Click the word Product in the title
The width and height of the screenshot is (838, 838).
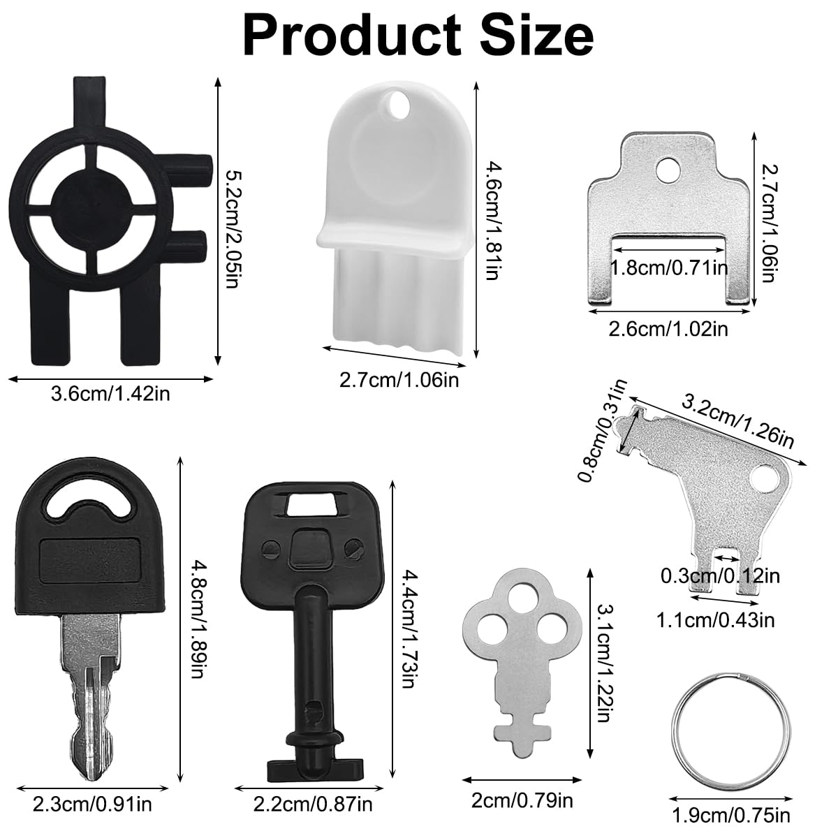point(352,35)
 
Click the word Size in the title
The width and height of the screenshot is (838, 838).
point(536,35)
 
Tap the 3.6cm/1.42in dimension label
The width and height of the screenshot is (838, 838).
point(110,395)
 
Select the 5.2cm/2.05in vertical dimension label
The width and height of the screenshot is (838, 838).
point(234,229)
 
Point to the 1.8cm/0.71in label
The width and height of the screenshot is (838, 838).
point(669,267)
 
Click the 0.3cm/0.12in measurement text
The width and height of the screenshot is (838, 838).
point(720,576)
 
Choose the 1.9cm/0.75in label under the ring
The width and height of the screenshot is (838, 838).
point(731,816)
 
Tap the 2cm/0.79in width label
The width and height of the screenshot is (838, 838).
point(522,800)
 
